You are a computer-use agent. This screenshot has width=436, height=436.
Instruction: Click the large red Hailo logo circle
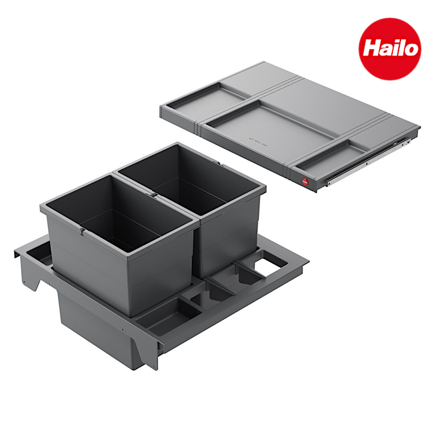[390, 49]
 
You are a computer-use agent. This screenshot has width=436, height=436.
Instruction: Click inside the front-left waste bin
[118, 216]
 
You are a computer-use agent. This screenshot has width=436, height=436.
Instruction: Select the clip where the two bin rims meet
[153, 194]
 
